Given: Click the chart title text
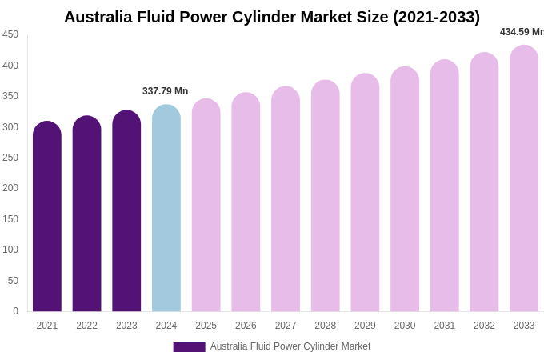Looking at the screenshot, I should [272, 17].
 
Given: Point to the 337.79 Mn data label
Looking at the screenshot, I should [166, 91].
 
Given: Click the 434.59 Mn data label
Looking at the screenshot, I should [522, 32].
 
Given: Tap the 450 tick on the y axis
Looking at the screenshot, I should [10, 34].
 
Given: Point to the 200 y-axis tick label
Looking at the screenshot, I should [10, 188].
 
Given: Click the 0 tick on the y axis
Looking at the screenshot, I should [15, 311].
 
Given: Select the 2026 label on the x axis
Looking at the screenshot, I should [246, 326].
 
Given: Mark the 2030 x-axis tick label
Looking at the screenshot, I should [405, 326].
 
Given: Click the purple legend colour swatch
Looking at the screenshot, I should [189, 347].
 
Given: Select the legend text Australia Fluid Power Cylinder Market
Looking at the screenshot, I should [290, 346].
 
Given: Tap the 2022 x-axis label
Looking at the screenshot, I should [86, 326].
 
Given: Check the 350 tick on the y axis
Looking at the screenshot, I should [10, 96].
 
